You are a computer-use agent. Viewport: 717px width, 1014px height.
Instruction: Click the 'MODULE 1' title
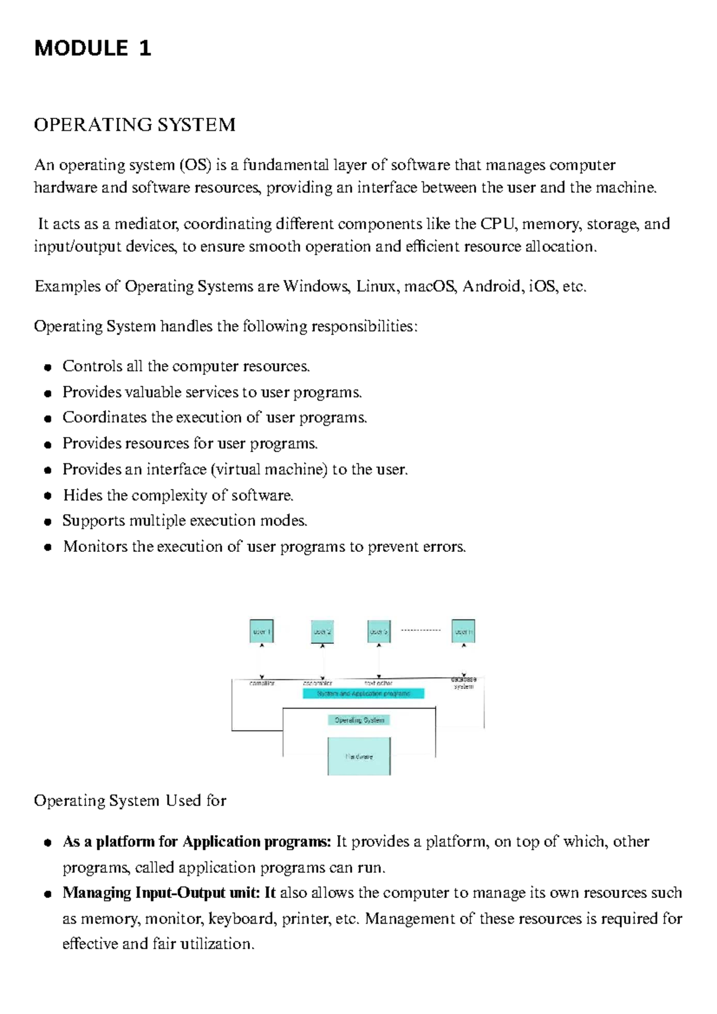click(93, 48)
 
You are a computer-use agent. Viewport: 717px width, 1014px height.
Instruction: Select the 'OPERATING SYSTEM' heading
click(134, 124)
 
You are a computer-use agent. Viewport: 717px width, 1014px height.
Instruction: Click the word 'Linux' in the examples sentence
click(376, 286)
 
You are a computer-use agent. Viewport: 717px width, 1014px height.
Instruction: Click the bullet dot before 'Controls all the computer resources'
click(48, 367)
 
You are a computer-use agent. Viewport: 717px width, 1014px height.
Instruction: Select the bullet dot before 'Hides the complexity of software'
click(48, 496)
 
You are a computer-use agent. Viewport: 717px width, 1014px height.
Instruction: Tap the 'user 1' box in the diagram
click(262, 631)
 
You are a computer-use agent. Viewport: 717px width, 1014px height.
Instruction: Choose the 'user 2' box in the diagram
click(323, 631)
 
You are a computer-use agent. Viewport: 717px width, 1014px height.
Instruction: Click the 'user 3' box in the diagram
click(379, 631)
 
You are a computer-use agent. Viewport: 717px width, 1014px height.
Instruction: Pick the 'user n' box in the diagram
click(464, 631)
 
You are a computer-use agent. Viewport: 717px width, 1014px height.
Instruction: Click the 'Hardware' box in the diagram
click(359, 756)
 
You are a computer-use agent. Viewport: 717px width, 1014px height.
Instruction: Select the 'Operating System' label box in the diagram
click(359, 720)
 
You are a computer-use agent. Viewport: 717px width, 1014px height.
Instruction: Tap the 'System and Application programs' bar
click(363, 694)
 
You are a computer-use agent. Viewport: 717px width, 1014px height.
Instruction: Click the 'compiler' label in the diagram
click(262, 683)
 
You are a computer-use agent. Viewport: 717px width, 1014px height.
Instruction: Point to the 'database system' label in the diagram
click(464, 683)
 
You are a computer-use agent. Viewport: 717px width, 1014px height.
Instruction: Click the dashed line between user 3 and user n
click(421, 630)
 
